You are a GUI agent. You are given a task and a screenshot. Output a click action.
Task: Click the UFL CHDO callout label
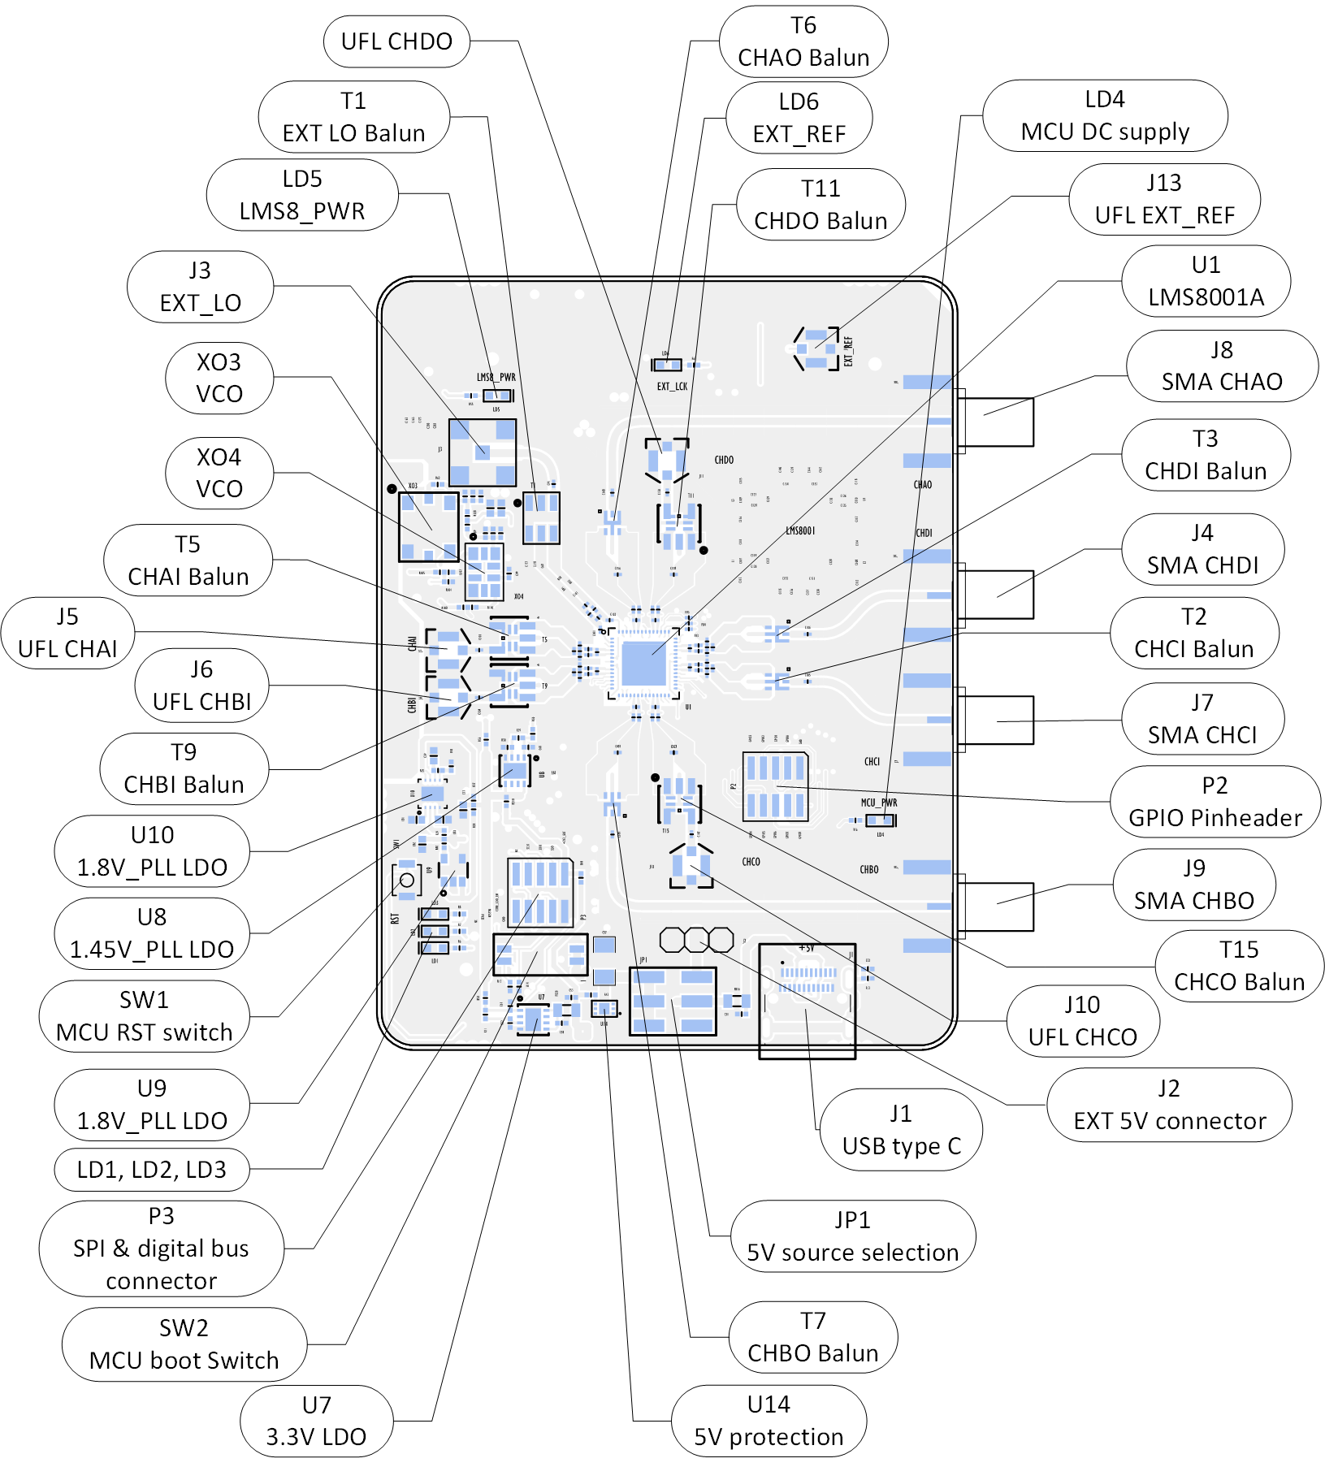tap(396, 41)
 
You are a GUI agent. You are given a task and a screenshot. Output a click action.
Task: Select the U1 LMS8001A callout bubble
tap(1206, 281)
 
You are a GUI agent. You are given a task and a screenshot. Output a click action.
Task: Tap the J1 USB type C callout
tap(901, 1130)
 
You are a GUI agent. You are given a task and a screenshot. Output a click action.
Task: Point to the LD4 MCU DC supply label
tap(1105, 115)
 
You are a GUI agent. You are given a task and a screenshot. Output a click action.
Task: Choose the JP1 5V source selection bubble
tap(852, 1236)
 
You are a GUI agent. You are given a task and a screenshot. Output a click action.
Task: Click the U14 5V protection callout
tap(769, 1421)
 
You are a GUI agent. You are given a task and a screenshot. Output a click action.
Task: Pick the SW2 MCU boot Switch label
tap(184, 1344)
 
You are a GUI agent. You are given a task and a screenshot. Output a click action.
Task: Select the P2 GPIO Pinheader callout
tap(1215, 802)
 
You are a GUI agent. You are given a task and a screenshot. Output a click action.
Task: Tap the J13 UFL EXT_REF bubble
tap(1164, 199)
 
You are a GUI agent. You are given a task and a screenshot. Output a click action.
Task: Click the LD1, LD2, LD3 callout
tap(152, 1170)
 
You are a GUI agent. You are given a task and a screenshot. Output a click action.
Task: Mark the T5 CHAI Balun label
tap(188, 560)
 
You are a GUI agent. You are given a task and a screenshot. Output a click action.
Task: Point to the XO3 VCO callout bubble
tap(219, 378)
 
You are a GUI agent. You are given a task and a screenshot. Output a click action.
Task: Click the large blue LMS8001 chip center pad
tap(643, 664)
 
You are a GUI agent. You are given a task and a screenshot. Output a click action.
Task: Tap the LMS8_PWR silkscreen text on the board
tap(496, 378)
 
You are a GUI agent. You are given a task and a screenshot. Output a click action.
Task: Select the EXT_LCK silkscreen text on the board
tap(672, 387)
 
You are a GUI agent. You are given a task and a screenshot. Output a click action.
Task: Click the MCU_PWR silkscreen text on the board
tap(879, 803)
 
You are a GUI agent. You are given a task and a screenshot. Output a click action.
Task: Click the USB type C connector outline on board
tap(807, 1001)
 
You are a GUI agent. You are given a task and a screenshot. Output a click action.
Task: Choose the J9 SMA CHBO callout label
tap(1193, 885)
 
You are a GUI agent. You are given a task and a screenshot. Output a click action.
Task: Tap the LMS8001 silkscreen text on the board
tap(800, 530)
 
